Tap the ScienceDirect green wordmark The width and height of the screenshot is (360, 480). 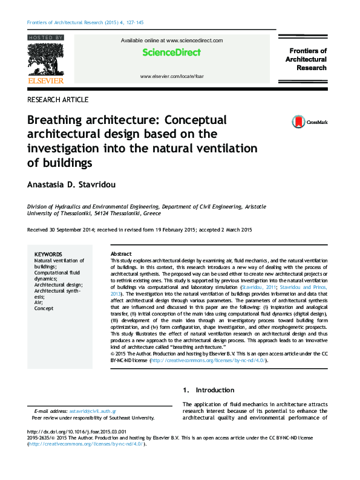171,53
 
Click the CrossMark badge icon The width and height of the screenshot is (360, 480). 298,122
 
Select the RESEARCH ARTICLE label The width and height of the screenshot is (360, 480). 58,100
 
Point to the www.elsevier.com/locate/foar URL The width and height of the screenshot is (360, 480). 172,77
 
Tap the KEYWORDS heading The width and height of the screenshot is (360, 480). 48,255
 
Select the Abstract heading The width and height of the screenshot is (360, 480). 121,254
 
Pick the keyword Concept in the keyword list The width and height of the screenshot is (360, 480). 44,308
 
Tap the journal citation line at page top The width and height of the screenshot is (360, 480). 85,23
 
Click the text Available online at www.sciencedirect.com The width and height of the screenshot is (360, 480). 172,41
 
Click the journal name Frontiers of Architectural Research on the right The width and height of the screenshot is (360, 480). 307,59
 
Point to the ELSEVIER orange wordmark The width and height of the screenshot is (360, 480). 45,80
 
